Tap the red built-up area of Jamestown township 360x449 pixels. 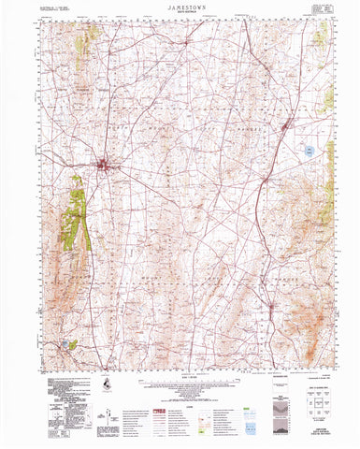tap(105, 167)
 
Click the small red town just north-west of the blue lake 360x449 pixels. tap(287, 123)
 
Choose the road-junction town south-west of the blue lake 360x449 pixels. tap(267, 177)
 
